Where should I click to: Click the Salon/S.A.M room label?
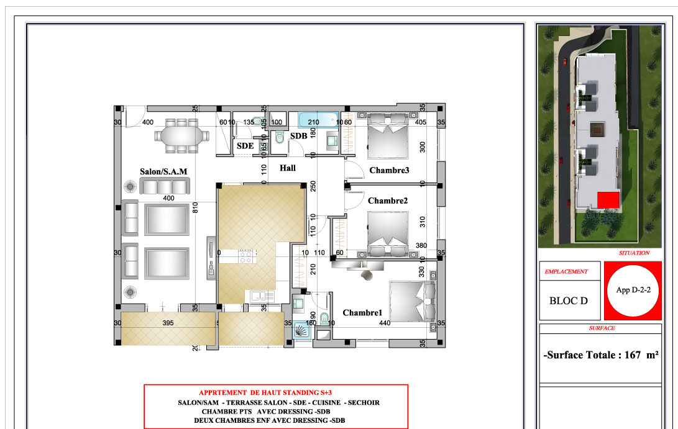pyautogui.click(x=163, y=171)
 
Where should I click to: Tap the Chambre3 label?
pyautogui.click(x=389, y=170)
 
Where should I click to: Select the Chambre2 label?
pyautogui.click(x=388, y=201)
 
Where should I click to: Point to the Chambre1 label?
pyautogui.click(x=362, y=312)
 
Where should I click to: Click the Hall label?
pyautogui.click(x=288, y=168)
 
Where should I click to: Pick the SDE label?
pyautogui.click(x=245, y=146)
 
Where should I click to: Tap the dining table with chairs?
pyautogui.click(x=181, y=136)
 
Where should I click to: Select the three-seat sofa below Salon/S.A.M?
pyautogui.click(x=164, y=187)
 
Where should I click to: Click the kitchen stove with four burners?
pyautogui.click(x=245, y=256)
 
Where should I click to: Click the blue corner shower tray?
pyautogui.click(x=303, y=330)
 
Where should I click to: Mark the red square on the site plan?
pyautogui.click(x=608, y=200)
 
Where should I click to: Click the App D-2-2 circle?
pyautogui.click(x=633, y=291)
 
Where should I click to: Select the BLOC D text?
pyautogui.click(x=568, y=300)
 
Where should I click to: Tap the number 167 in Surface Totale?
pyautogui.click(x=632, y=354)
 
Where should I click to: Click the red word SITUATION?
pyautogui.click(x=634, y=253)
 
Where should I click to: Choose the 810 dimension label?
pyautogui.click(x=195, y=208)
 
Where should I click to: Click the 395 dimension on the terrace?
pyautogui.click(x=168, y=323)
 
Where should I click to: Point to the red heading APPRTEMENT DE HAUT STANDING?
pyautogui.click(x=265, y=393)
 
